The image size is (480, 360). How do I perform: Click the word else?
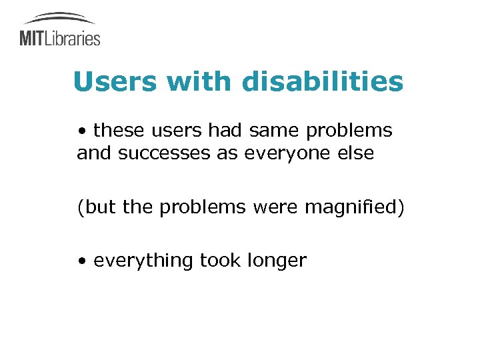click(355, 154)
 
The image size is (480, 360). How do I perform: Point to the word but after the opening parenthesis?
click(100, 207)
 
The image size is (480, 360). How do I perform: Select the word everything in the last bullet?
click(143, 261)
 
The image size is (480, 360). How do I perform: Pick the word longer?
click(279, 261)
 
